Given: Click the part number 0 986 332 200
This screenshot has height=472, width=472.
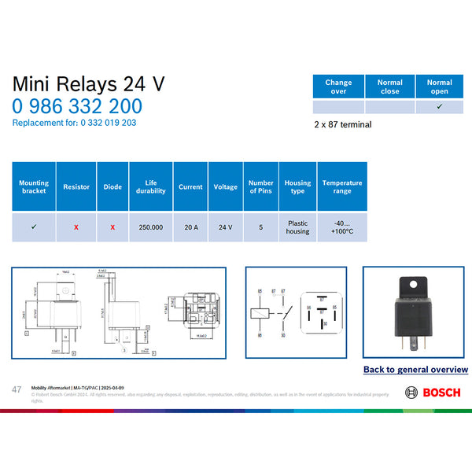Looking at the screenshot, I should [77, 107].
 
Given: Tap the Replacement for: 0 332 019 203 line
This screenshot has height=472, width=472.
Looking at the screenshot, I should [75, 123].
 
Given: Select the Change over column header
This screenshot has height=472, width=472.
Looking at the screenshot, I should [338, 87].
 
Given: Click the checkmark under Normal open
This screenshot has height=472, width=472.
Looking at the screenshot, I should [440, 107].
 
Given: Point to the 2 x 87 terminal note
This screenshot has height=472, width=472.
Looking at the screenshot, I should [342, 124].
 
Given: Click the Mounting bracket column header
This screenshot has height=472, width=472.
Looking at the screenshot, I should [33, 186].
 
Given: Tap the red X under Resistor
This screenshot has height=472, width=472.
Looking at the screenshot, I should [76, 227].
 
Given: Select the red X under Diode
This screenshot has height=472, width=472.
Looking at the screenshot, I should [112, 227].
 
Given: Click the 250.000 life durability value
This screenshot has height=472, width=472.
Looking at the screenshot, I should [151, 227].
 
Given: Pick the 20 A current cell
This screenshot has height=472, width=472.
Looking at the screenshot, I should [190, 227].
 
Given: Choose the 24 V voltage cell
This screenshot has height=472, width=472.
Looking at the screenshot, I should [226, 227].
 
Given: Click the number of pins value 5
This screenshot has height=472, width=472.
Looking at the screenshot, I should [261, 227].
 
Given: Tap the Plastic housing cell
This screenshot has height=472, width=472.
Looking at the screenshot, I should [297, 227].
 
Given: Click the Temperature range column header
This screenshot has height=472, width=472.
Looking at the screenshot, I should [341, 186].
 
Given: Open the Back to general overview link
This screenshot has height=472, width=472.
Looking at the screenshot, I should [415, 369].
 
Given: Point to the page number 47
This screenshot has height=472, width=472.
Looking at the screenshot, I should [17, 389].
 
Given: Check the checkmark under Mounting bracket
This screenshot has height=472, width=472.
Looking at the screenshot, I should [33, 227].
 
